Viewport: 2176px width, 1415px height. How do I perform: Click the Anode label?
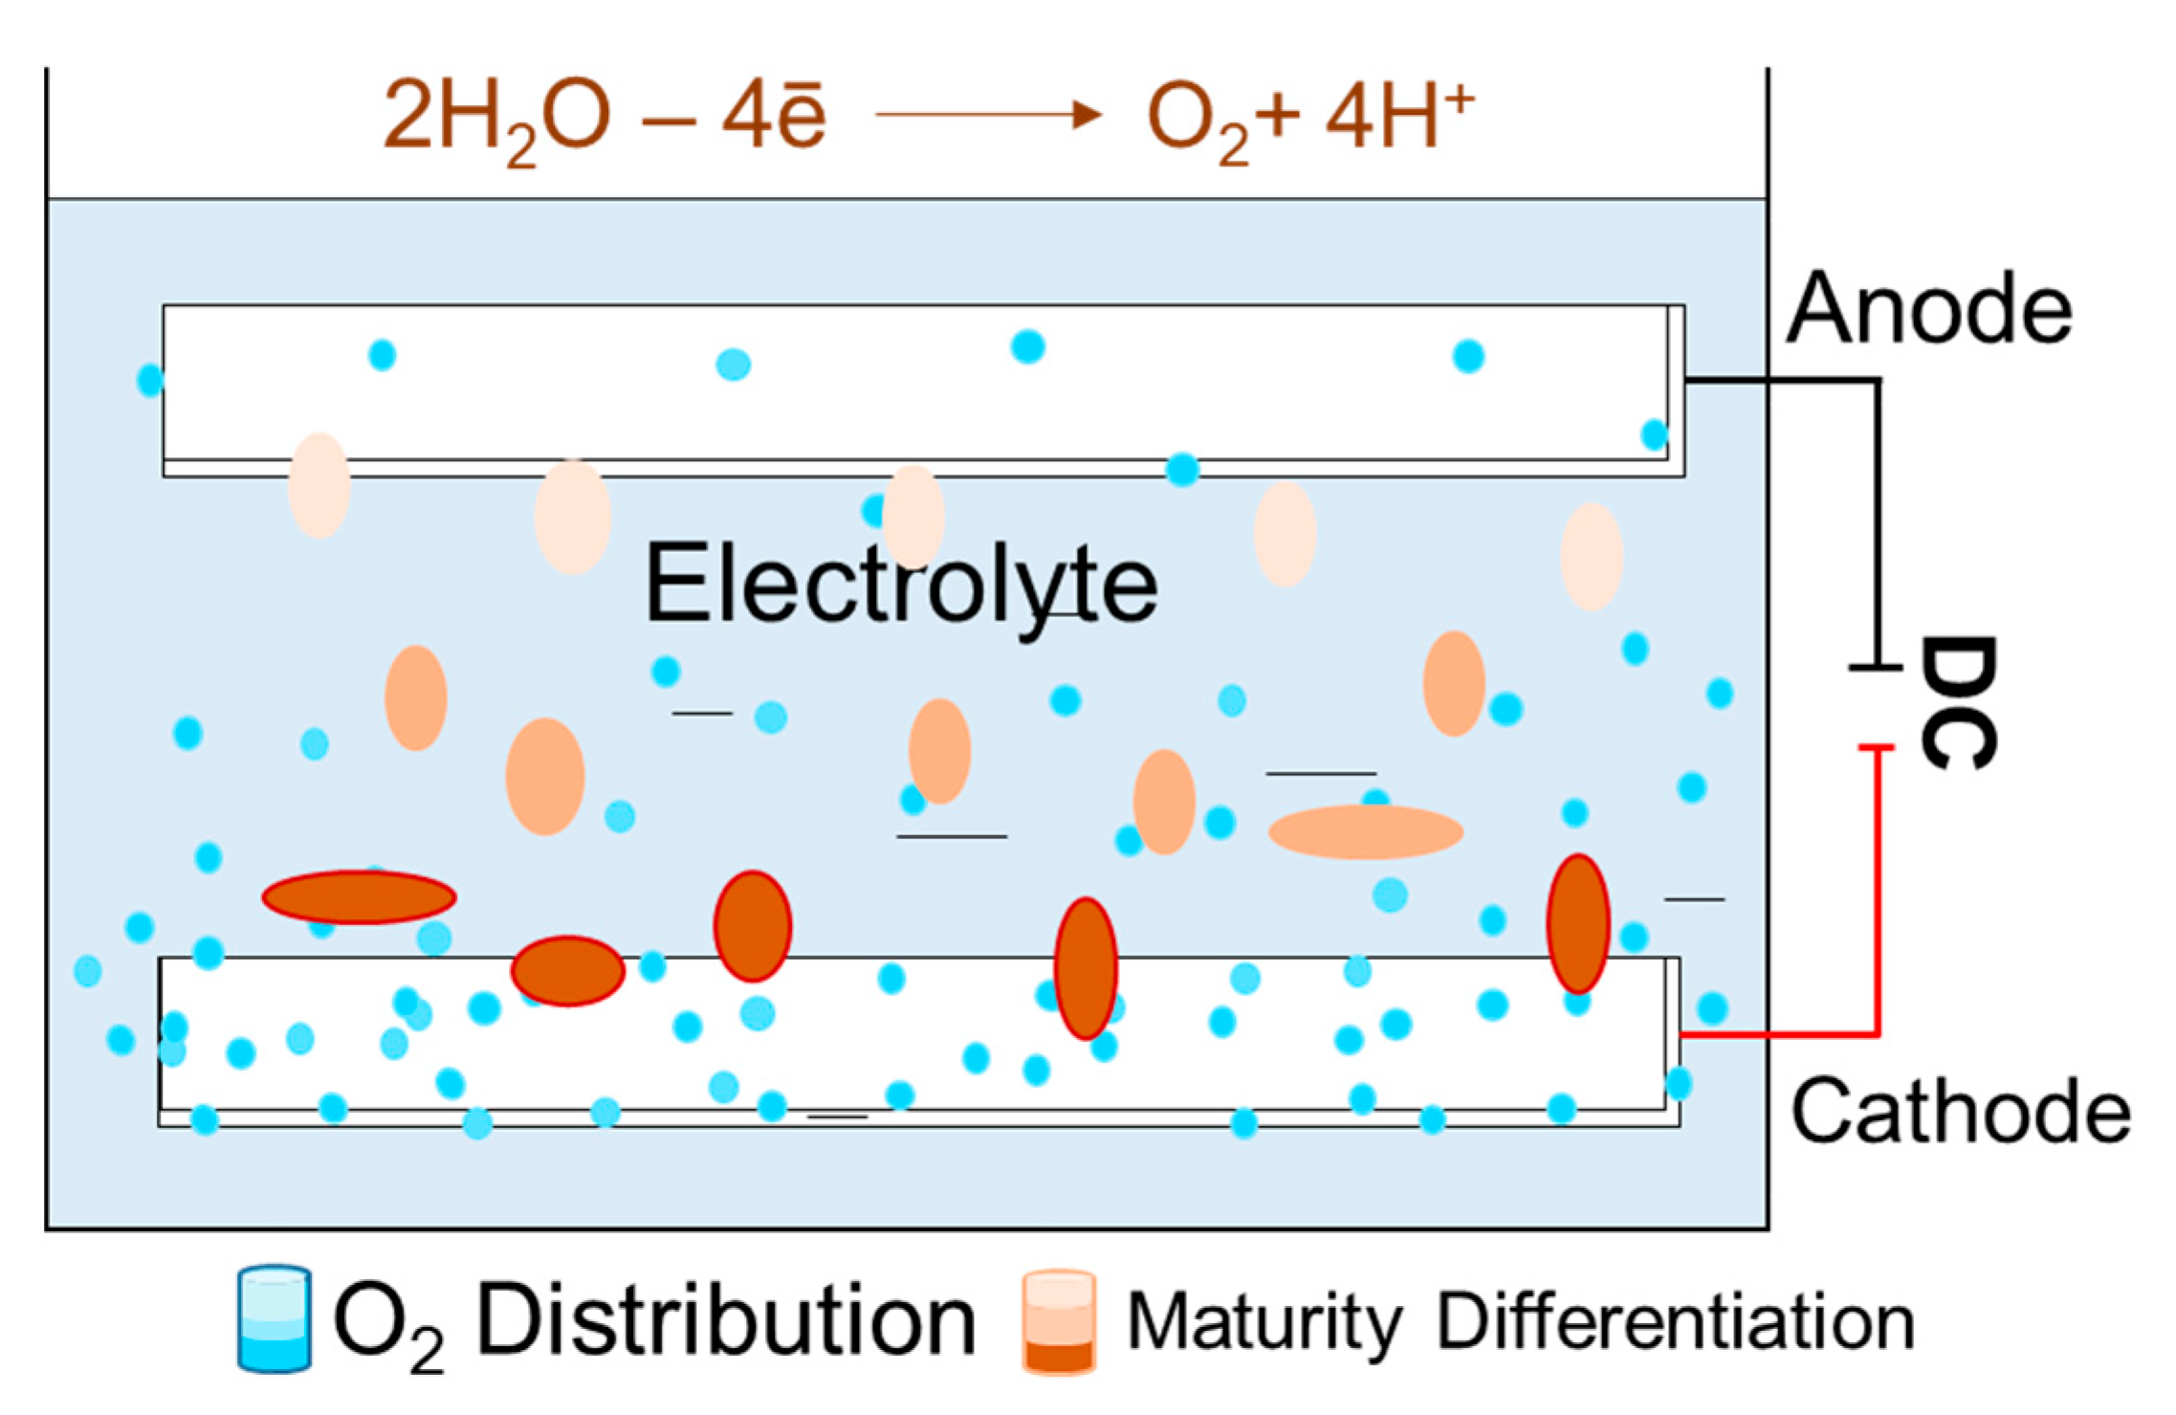pyautogui.click(x=1928, y=308)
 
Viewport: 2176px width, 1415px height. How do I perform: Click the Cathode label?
pyautogui.click(x=1960, y=1112)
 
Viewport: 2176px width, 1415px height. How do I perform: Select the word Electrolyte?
pyautogui.click(x=901, y=584)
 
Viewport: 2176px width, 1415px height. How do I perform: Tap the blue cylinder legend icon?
pyautogui.click(x=274, y=1319)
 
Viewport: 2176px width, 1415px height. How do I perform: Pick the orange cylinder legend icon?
pyautogui.click(x=1058, y=1321)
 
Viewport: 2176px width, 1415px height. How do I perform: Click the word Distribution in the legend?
pyautogui.click(x=725, y=1320)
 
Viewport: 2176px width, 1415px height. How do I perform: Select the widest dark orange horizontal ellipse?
pyautogui.click(x=359, y=896)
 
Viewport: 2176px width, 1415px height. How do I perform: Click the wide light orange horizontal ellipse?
pyautogui.click(x=1365, y=831)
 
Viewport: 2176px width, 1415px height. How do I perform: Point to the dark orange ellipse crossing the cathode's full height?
pyautogui.click(x=1086, y=968)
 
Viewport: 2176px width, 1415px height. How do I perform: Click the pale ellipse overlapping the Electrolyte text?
pyautogui.click(x=912, y=518)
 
